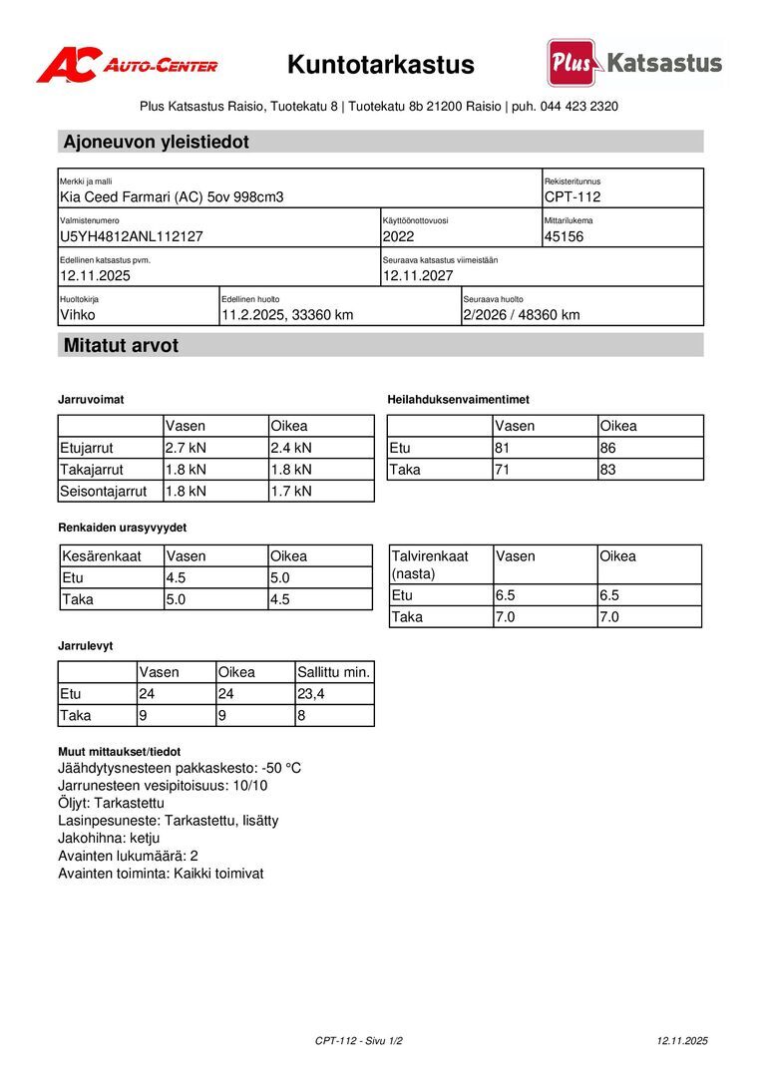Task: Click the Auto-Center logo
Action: [x=127, y=65]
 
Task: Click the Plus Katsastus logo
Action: [x=634, y=63]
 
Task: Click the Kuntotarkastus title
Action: [x=381, y=65]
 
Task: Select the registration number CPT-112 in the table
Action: [x=572, y=197]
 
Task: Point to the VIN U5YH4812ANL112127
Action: [x=132, y=236]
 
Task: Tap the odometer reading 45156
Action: [x=565, y=236]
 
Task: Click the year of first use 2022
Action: [x=398, y=236]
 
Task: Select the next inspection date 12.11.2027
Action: [x=418, y=275]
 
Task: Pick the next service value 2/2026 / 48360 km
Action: [x=521, y=315]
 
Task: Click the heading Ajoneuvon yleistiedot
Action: [x=157, y=142]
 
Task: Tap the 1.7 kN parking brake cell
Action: [x=291, y=491]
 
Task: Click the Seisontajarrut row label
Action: [x=104, y=491]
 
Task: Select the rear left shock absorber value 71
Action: [x=504, y=469]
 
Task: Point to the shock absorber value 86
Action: [x=609, y=448]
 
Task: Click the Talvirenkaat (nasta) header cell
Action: [x=430, y=564]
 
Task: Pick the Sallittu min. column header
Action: [x=334, y=672]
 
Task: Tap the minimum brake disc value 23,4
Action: [x=311, y=694]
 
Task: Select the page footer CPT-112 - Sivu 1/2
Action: [x=359, y=1041]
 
